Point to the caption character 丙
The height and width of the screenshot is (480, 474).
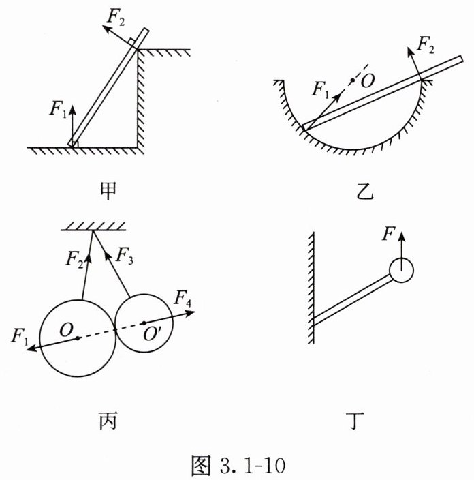click(x=108, y=422)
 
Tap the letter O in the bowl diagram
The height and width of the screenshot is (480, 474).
click(x=368, y=82)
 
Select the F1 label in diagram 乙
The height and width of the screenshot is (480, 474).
click(x=321, y=89)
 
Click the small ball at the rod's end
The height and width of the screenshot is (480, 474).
click(x=401, y=271)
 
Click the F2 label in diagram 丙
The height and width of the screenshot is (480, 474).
click(x=76, y=258)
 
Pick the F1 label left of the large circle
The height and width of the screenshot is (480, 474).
click(x=20, y=335)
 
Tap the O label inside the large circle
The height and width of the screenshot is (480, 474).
click(x=66, y=329)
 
